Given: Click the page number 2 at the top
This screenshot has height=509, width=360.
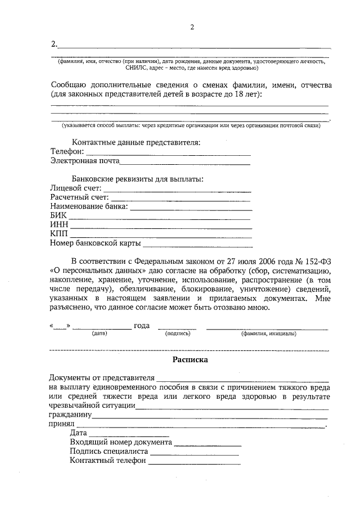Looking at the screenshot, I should coord(192,27).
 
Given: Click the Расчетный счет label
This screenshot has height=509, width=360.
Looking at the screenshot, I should coord(79,198).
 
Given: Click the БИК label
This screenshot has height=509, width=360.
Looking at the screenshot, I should coord(58,216).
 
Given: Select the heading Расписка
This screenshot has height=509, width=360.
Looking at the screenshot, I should coord(190,358).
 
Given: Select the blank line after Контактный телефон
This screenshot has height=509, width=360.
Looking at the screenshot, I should coord(194,461).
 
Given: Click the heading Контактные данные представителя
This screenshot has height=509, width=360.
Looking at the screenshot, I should coord(136,143).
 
